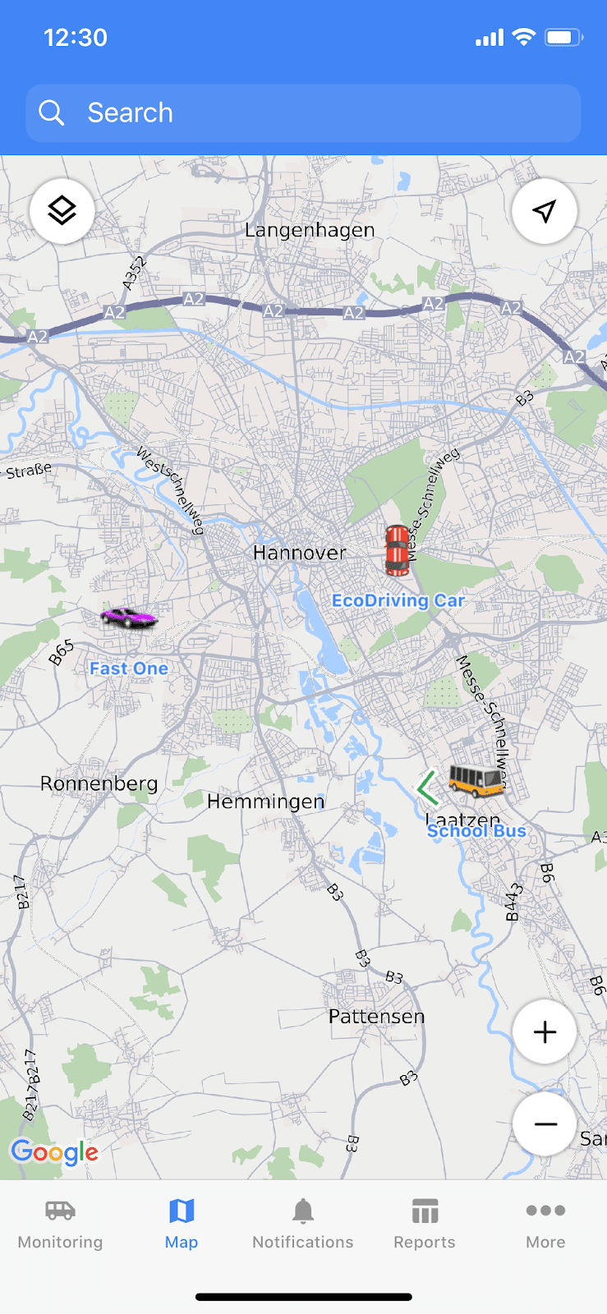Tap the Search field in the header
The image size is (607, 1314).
click(x=303, y=113)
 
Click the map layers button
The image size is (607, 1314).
click(x=62, y=211)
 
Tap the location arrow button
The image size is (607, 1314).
click(x=544, y=211)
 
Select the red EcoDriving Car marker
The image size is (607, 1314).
click(x=397, y=549)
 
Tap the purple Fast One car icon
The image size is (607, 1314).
click(x=128, y=617)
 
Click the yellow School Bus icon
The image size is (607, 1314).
click(x=476, y=779)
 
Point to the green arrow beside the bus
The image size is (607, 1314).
click(x=427, y=788)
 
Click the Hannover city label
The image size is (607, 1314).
click(x=299, y=553)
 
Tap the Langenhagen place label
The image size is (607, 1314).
click(x=310, y=231)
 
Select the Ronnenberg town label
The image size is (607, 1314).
click(x=99, y=783)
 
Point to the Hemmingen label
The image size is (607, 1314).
click(x=265, y=802)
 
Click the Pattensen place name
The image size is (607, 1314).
click(x=376, y=1017)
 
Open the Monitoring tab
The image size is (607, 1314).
click(x=60, y=1223)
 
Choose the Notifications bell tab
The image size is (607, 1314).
click(x=303, y=1223)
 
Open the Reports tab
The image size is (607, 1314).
click(x=425, y=1223)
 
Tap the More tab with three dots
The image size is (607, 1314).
click(x=545, y=1223)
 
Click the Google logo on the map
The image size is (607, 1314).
click(x=54, y=1152)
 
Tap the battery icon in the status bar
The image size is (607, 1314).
click(x=564, y=37)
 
